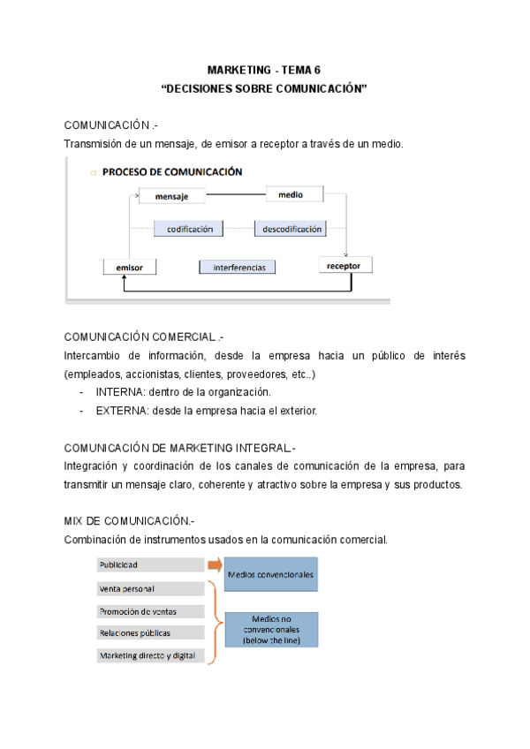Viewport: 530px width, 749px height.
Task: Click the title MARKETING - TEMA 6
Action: coord(265,70)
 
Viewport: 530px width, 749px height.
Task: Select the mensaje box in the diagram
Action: coord(172,196)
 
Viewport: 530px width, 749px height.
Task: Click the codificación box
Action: coord(188,229)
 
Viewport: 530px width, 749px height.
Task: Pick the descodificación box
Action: coord(290,229)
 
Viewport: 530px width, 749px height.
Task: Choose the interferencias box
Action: coord(238,266)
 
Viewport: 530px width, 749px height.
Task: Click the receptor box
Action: coord(349,264)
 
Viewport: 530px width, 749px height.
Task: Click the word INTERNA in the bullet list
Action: coord(121,392)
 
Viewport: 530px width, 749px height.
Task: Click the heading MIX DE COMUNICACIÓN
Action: coord(127,519)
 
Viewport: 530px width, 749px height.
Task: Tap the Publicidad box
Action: coord(151,564)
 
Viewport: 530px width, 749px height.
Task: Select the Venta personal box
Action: coord(151,587)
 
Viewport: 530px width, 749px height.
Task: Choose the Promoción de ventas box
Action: coord(151,610)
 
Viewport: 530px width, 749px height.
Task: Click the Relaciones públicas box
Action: coord(151,632)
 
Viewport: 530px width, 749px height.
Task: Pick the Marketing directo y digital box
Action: coord(151,655)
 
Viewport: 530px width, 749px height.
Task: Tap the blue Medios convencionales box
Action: coord(270,574)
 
